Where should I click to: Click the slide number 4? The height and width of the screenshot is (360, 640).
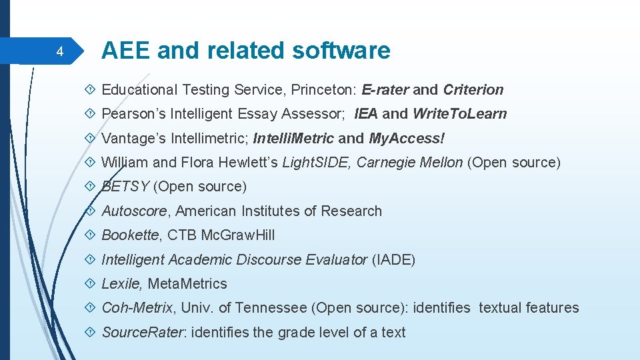coord(59,52)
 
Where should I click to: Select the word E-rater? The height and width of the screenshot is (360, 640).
coord(385,89)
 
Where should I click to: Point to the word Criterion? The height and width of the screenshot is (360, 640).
coord(473,89)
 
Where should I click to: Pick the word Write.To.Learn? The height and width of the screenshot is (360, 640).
coord(460,114)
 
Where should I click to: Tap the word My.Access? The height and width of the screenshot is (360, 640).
coord(407,138)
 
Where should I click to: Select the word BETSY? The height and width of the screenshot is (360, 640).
coord(125,187)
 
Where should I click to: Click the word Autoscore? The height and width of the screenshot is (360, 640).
coord(137,211)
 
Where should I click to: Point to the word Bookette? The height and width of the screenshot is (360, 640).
coord(130,235)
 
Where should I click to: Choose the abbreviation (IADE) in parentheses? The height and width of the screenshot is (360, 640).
coord(393,259)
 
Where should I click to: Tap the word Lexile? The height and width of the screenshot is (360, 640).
coord(121,284)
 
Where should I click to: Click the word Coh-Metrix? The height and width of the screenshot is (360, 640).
coord(137,308)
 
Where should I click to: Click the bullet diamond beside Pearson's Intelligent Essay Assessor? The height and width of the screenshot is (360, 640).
coord(92,114)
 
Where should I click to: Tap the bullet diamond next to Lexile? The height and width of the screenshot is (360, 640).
coord(92,284)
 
